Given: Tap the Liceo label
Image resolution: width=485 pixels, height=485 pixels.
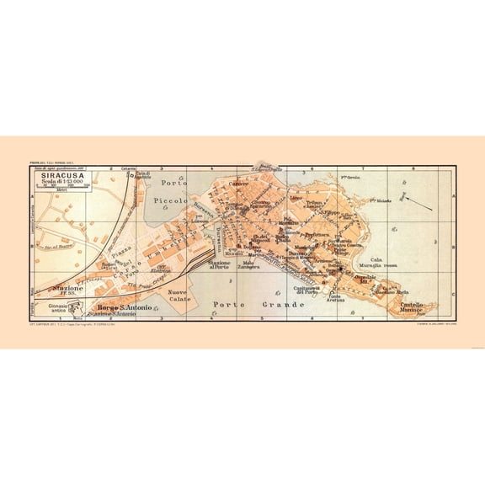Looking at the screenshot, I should click(296, 198).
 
